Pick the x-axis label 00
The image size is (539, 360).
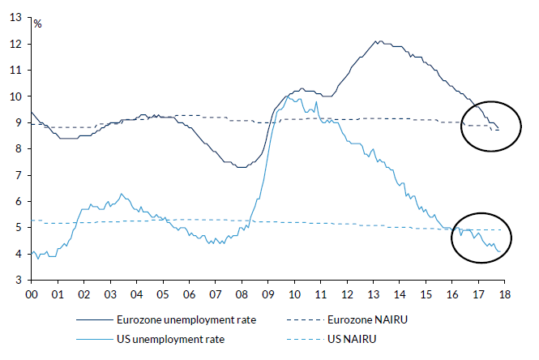[x=32, y=296]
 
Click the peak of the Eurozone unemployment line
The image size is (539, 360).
[x=377, y=41]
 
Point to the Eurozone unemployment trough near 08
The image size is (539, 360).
[x=241, y=167]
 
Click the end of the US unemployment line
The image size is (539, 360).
[x=498, y=252]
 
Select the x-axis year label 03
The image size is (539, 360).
[x=110, y=296]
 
